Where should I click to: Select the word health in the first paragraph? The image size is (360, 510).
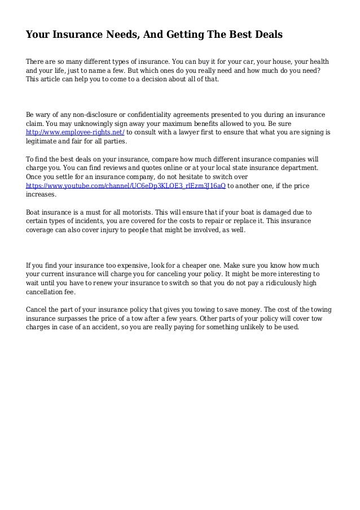(x=319, y=61)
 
